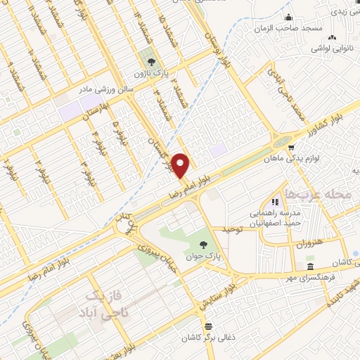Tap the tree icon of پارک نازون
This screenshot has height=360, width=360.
147,58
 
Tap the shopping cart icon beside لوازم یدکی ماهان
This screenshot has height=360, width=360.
290,147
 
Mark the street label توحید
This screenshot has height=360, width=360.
232,229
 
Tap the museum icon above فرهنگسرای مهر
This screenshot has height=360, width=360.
310,266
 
